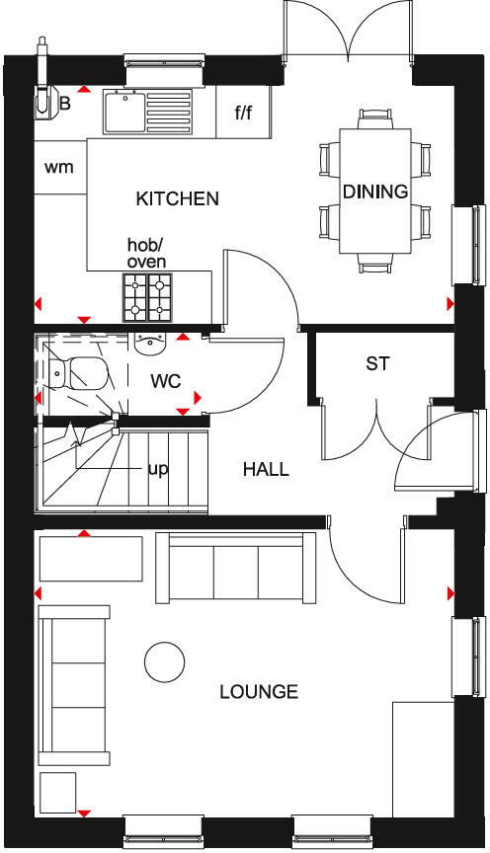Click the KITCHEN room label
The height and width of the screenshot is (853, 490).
(177, 199)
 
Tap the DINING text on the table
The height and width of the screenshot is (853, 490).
(375, 192)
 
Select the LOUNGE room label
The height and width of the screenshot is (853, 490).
(259, 692)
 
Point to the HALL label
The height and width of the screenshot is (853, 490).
(266, 470)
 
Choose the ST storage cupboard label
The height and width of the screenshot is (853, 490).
(377, 364)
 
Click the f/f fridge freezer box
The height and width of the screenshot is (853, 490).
(244, 113)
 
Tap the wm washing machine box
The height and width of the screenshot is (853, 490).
(60, 166)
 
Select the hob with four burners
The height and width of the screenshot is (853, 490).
(147, 297)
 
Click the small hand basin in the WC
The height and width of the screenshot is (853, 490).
(150, 345)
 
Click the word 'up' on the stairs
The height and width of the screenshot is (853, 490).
(157, 468)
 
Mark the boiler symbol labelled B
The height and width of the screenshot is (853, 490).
(47, 99)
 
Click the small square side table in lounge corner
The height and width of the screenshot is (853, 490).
(58, 792)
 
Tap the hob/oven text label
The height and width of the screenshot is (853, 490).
(146, 253)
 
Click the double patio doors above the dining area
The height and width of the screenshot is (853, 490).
(347, 30)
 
